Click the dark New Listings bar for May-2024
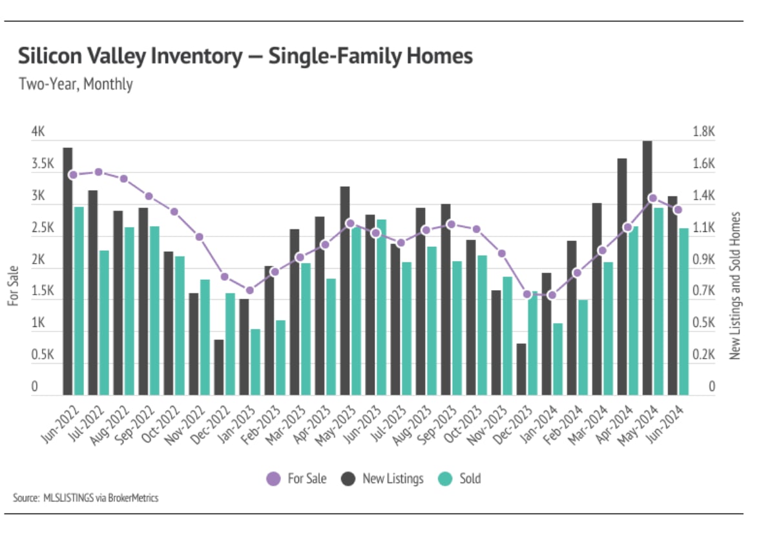[647, 267]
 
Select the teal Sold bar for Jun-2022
[79, 300]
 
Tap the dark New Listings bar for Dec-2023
[521, 369]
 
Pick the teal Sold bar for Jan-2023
[255, 362]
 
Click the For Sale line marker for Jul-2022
[98, 172]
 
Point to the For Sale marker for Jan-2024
[551, 295]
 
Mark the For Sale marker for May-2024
[652, 198]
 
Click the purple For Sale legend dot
[274, 479]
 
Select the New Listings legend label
[393, 479]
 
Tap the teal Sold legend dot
[445, 479]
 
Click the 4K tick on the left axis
[38, 132]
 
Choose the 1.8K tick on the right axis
[704, 132]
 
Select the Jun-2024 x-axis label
[665, 424]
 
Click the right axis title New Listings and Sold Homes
[735, 285]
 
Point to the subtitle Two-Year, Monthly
[76, 84]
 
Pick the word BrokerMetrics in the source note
[132, 497]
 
